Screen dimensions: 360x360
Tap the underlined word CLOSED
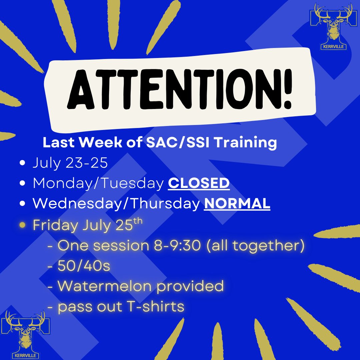(x=199, y=183)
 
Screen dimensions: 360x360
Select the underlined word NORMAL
(x=237, y=204)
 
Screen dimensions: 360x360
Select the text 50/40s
(x=84, y=266)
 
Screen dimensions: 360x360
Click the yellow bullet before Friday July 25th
(x=23, y=225)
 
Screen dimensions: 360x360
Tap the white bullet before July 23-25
(x=23, y=163)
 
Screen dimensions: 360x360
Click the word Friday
(x=54, y=225)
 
